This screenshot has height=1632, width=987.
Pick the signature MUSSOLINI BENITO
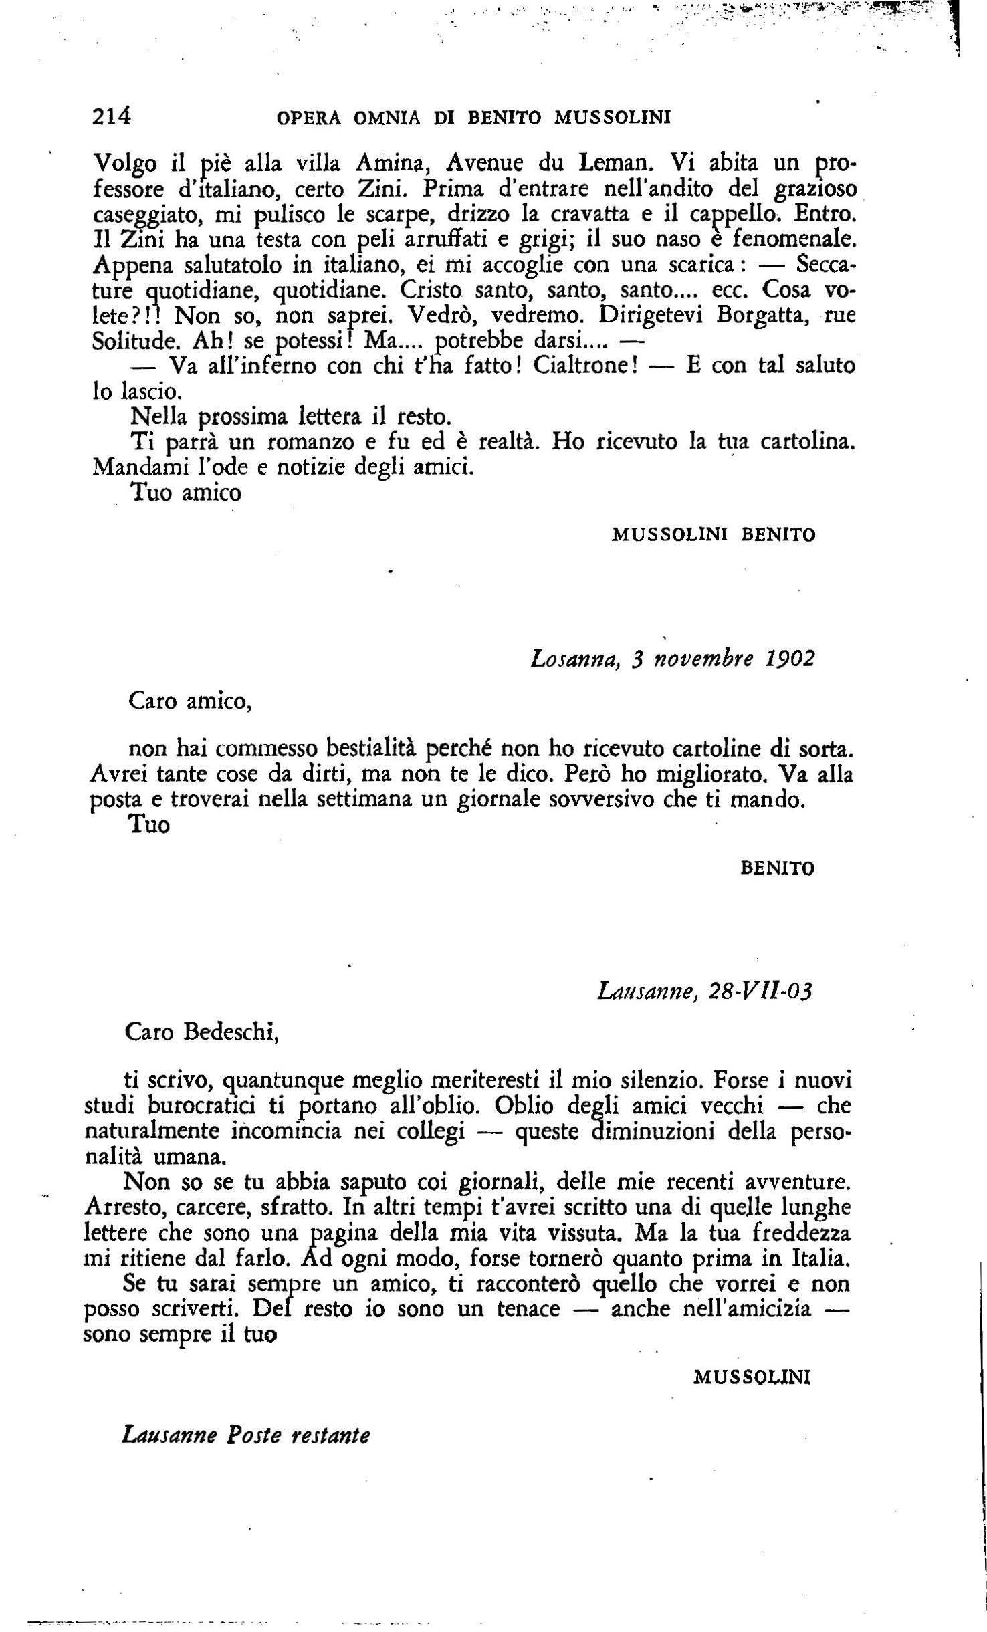click(x=713, y=535)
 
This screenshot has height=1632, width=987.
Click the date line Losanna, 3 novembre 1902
click(x=672, y=659)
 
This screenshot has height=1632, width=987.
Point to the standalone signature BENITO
click(x=778, y=868)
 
